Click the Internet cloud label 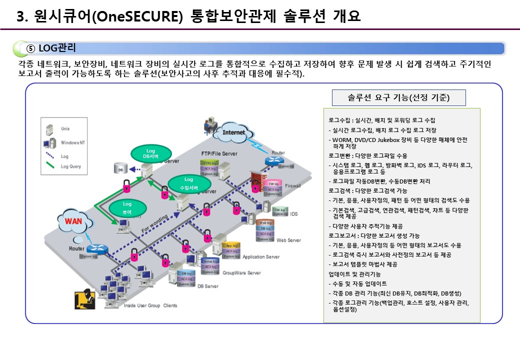[234, 132]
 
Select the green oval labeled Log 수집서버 [188, 183]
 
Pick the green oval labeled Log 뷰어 [127, 208]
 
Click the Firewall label [292, 185]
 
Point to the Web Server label [288, 240]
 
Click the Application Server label [261, 257]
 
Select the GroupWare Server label [241, 273]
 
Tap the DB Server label [207, 286]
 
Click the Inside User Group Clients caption [150, 305]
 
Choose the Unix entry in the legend [65, 128]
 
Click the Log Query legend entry [70, 166]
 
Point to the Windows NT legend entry [73, 142]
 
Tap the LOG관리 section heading [57, 48]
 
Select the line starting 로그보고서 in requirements [374, 235]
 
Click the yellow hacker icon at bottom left [83, 299]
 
